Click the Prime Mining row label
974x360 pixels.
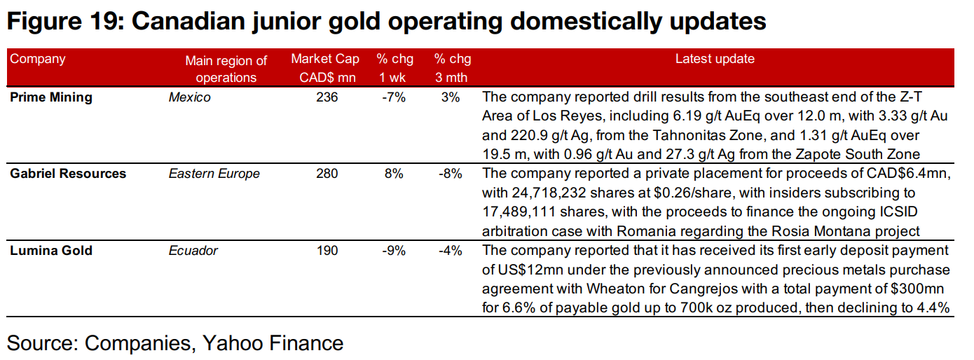51,97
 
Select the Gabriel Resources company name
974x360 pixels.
68,173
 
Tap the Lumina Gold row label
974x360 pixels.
51,250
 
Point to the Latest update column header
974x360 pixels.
715,59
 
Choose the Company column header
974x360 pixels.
38,59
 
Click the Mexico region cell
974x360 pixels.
189,97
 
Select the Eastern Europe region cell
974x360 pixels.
214,173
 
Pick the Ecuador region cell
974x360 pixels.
193,250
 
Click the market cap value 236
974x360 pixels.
327,97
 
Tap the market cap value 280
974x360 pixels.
327,173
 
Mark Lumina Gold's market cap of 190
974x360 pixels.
327,250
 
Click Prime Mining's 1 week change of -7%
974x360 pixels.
395,97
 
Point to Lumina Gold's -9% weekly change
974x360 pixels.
395,250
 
